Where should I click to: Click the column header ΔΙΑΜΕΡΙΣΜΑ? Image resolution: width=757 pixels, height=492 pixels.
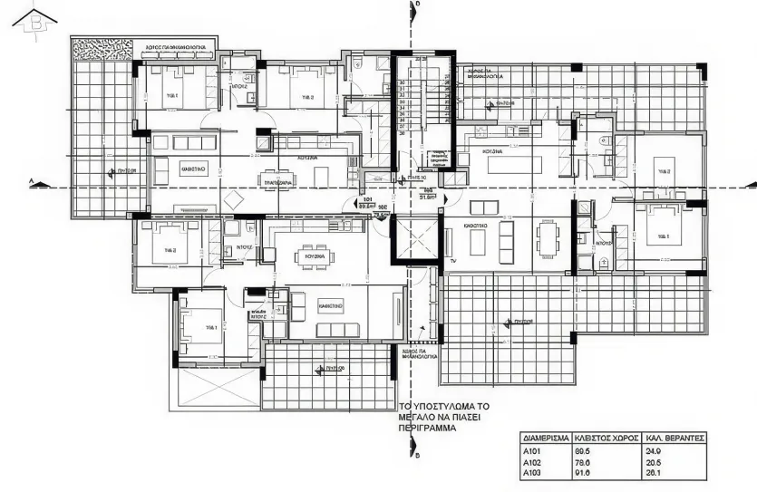tap(547, 437)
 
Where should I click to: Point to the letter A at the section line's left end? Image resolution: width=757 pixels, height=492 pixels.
tap(32, 182)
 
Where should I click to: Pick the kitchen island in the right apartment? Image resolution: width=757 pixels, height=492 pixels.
tap(514, 165)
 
